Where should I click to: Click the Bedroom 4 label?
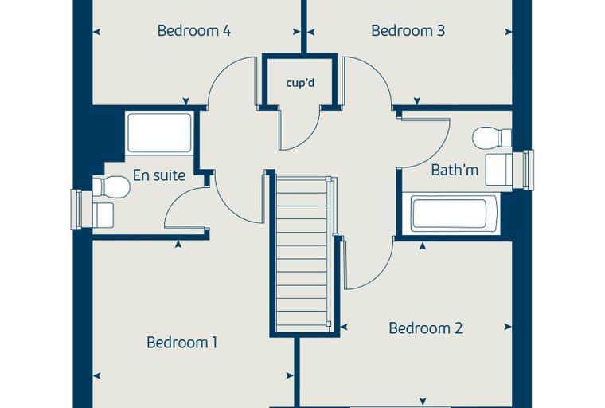pyautogui.click(x=194, y=30)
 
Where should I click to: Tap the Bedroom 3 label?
pyautogui.click(x=408, y=30)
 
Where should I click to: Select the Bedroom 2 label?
pyautogui.click(x=425, y=328)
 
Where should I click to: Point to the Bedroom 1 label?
pyautogui.click(x=181, y=343)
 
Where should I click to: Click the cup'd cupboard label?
pyautogui.click(x=300, y=83)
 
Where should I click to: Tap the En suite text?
pyautogui.click(x=159, y=175)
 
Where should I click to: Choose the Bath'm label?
pyautogui.click(x=455, y=170)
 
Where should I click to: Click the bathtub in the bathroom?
pyautogui.click(x=451, y=214)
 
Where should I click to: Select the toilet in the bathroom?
pyautogui.click(x=492, y=138)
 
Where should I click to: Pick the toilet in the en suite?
pyautogui.click(x=111, y=187)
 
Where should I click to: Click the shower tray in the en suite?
pyautogui.click(x=159, y=132)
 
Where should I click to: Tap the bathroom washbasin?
pyautogui.click(x=498, y=170)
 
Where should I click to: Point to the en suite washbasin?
pyautogui.click(x=103, y=215)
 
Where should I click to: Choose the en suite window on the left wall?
pyautogui.click(x=76, y=209)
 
